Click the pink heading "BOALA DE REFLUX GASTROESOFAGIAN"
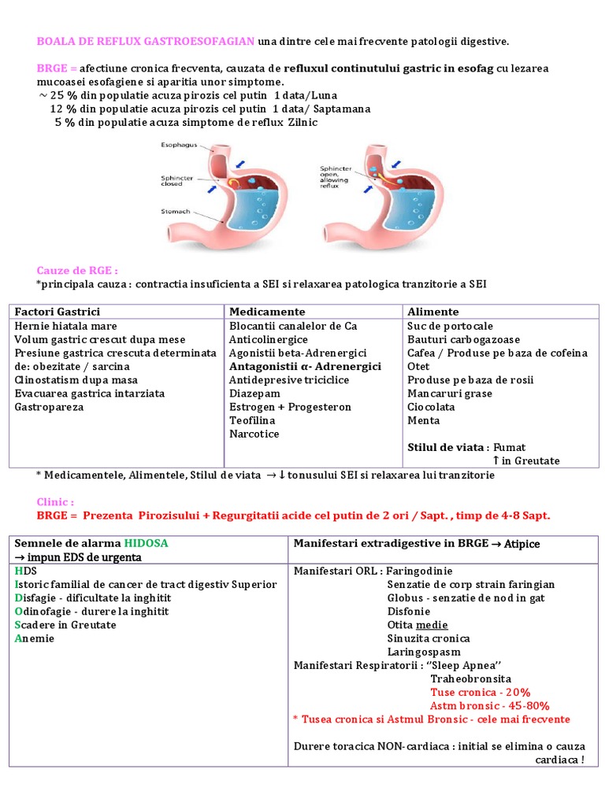[x=146, y=40]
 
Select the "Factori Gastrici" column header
[x=58, y=312]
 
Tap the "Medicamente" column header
[x=267, y=312]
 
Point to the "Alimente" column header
[x=432, y=312]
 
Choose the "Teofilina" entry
[x=252, y=420]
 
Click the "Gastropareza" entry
[x=50, y=407]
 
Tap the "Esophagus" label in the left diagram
[x=179, y=146]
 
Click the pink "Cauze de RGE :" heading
[x=77, y=270]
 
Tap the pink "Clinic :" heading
[x=55, y=501]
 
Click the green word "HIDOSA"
[x=146, y=544]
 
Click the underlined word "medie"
[x=432, y=625]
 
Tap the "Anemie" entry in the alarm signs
[x=35, y=638]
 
